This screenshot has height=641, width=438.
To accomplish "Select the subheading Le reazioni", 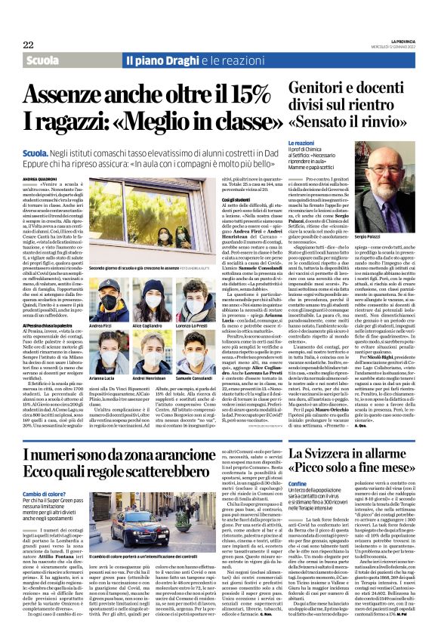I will point(301,143).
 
